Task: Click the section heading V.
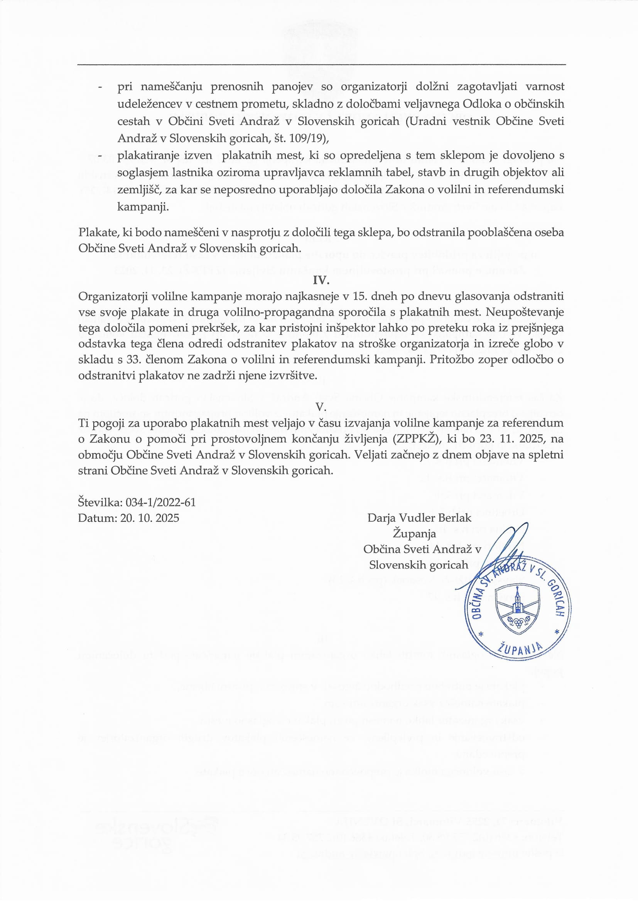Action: [321, 407]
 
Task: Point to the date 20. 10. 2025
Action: [150, 518]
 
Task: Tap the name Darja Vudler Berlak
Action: [419, 518]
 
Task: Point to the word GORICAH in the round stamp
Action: [555, 597]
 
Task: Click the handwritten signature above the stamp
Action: [507, 550]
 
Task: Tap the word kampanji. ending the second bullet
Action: [143, 207]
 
